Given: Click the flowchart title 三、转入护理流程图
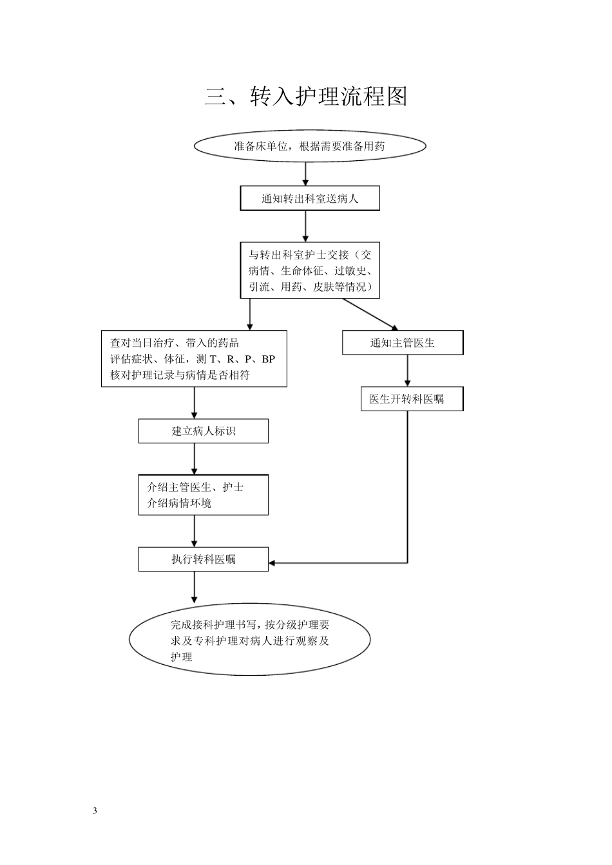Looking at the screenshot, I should (x=306, y=97).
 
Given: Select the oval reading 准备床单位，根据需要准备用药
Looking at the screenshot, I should (x=310, y=146).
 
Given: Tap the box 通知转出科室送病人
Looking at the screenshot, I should (x=310, y=198).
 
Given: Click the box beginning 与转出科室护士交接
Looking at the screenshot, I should (x=310, y=270).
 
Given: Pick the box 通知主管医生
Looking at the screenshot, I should (x=403, y=343).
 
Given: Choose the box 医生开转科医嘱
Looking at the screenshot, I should (x=412, y=399).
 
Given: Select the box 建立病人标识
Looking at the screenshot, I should (x=203, y=431).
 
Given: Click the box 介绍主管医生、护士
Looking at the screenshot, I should (x=203, y=495).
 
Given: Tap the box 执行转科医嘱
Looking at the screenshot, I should (x=203, y=559).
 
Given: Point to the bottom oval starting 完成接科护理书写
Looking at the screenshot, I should (x=250, y=640).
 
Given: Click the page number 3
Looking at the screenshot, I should (x=95, y=810).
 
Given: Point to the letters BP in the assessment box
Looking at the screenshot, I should (x=268, y=359).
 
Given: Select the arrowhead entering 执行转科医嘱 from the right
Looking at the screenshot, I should (x=273, y=563).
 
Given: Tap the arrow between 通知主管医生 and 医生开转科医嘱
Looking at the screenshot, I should (x=407, y=371).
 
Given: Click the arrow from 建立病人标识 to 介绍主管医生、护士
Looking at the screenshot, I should (x=195, y=459).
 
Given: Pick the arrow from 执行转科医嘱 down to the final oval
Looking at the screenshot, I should (x=195, y=586).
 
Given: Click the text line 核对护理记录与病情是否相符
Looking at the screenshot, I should (x=180, y=375).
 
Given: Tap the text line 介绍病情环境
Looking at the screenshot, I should (x=179, y=503).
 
